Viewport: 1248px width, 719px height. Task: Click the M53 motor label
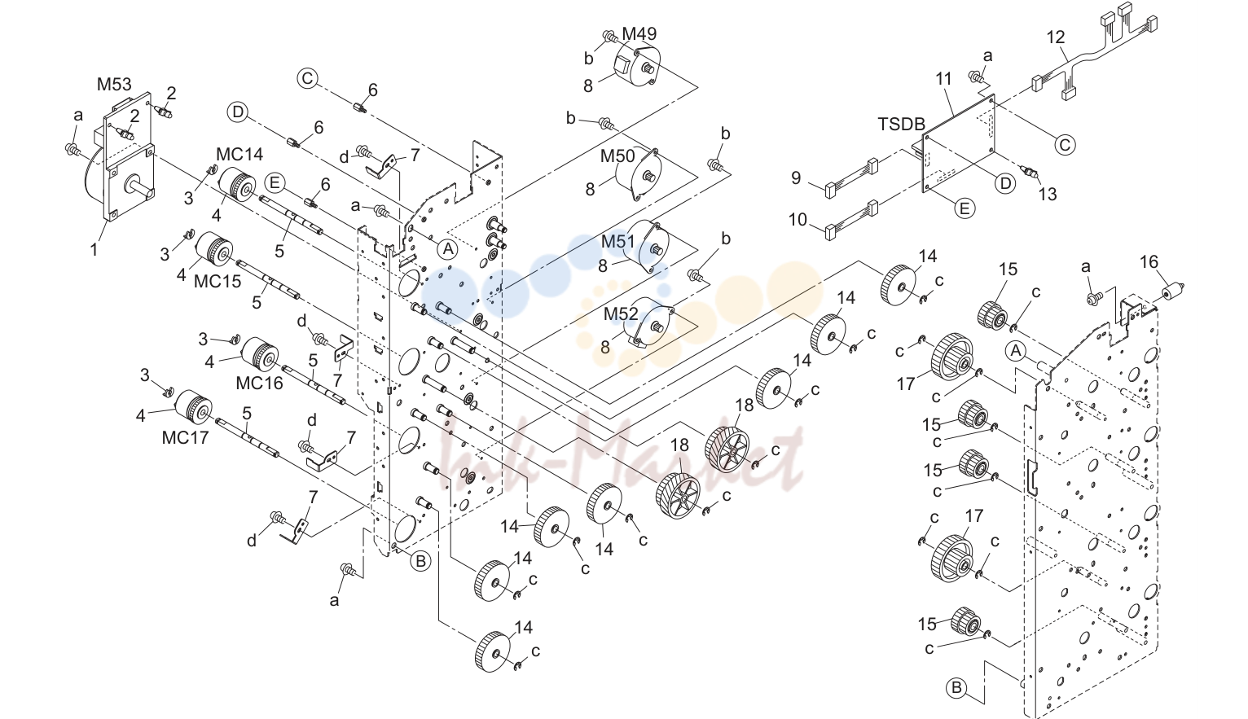pyautogui.click(x=114, y=84)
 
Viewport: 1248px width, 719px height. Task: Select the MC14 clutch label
pyautogui.click(x=239, y=154)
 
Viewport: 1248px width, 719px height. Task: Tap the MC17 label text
pyautogui.click(x=185, y=437)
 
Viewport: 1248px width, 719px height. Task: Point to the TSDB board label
pyautogui.click(x=902, y=124)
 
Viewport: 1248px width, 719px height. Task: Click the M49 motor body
pyautogui.click(x=637, y=68)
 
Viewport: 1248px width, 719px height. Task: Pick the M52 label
pyautogui.click(x=622, y=313)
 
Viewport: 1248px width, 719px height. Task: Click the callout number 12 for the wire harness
pyautogui.click(x=1056, y=37)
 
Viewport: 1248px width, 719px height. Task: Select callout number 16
pyautogui.click(x=1149, y=261)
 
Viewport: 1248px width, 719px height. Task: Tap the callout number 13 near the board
pyautogui.click(x=1048, y=195)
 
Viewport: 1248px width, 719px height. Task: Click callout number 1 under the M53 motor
pyautogui.click(x=94, y=249)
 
